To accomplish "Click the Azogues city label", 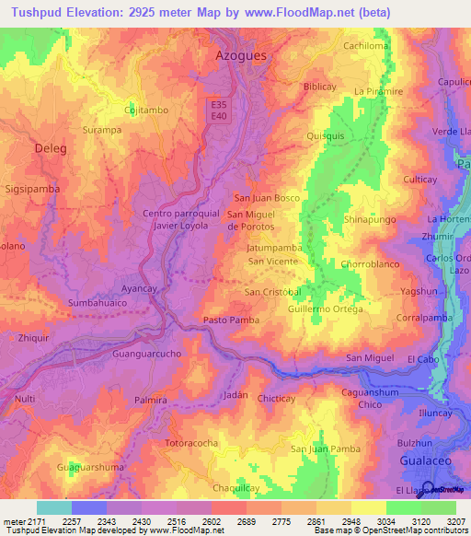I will [x=241, y=55].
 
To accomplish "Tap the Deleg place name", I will [x=52, y=146].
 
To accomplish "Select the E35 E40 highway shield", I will [x=218, y=110].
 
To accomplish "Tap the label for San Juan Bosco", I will [x=268, y=198].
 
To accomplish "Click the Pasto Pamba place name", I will [x=231, y=320].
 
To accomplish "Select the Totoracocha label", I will [x=191, y=443].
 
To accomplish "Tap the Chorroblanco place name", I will [x=368, y=264].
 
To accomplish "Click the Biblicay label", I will [x=319, y=87].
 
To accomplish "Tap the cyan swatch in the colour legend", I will [x=54, y=507].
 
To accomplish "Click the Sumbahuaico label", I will [x=96, y=302].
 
